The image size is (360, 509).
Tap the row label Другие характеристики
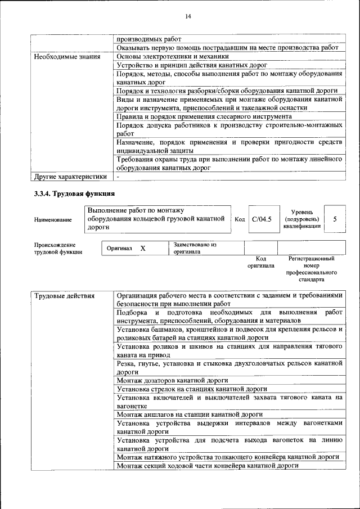(x=70, y=177)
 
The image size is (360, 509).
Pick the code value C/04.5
(x=262, y=219)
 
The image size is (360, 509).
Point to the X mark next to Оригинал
(x=142, y=248)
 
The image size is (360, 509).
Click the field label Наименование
(x=53, y=220)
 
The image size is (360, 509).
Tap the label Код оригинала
(x=261, y=262)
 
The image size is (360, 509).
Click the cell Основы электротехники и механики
(x=173, y=56)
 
